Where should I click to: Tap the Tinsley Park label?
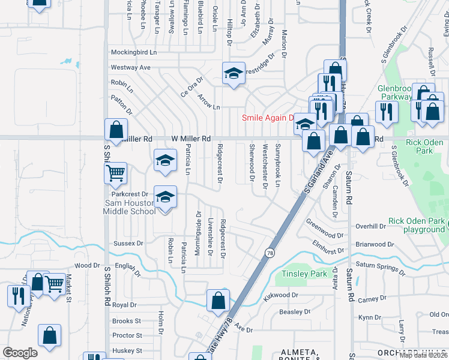pos(304,274)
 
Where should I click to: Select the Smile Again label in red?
pos(267,118)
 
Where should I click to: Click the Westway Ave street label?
pos(130,67)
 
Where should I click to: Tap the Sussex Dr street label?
pos(128,244)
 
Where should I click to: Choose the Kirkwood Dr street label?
pos(280,295)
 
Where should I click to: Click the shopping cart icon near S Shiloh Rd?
pos(115,173)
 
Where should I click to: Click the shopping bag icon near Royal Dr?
pos(218,300)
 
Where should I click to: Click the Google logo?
pos(20,353)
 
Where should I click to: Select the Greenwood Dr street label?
pos(325,236)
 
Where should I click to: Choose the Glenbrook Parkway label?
pos(394,92)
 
